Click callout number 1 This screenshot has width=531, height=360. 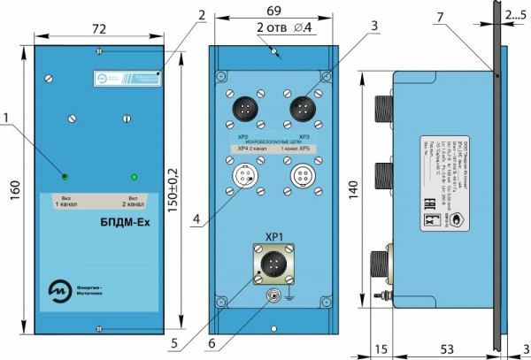[x=7, y=116]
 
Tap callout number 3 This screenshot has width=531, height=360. [x=375, y=26]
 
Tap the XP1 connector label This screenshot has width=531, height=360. [x=273, y=237]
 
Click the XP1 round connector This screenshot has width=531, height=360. [x=273, y=264]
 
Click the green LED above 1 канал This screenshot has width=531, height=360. [x=65, y=174]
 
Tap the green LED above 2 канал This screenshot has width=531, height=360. [x=134, y=174]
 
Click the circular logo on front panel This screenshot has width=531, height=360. [x=61, y=289]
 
